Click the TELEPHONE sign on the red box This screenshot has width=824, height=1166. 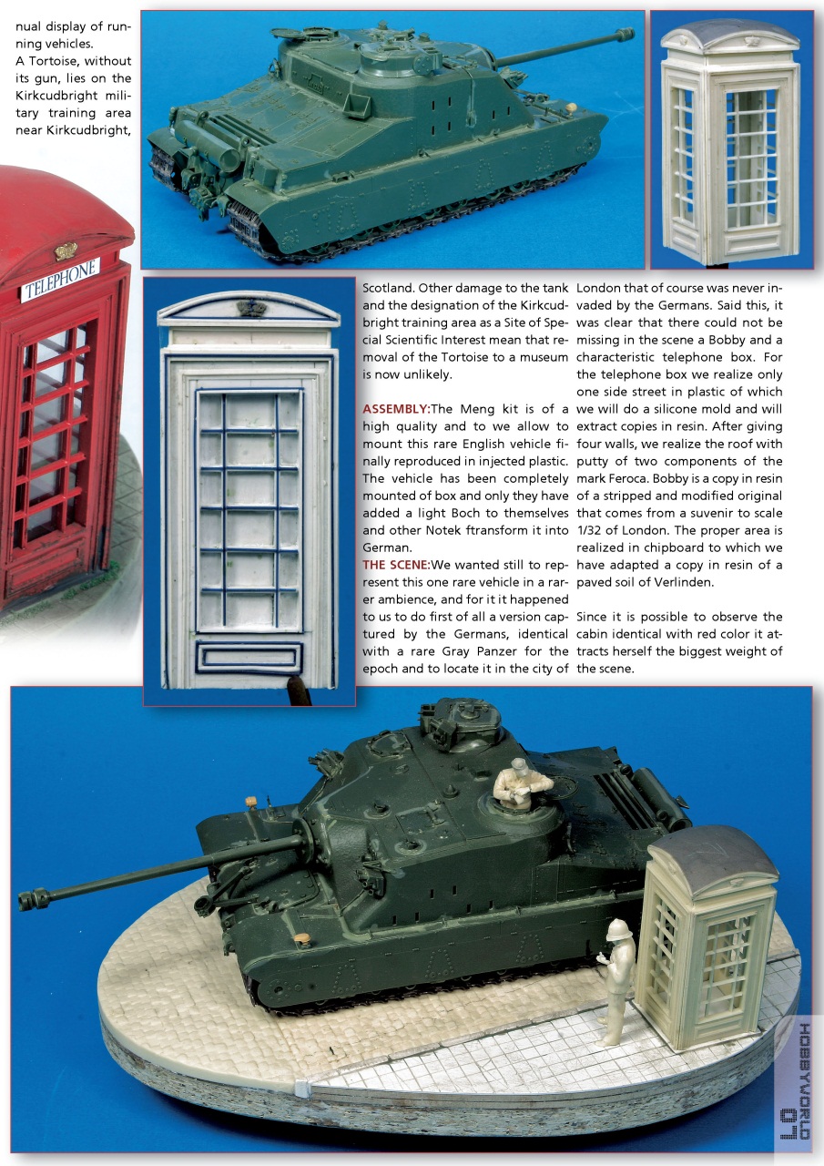point(60,280)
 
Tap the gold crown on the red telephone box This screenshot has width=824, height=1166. point(66,251)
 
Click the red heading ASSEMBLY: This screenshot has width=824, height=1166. point(395,408)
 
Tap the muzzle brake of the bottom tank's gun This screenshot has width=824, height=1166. point(32,899)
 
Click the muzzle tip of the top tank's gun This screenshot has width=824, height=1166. point(625,35)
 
